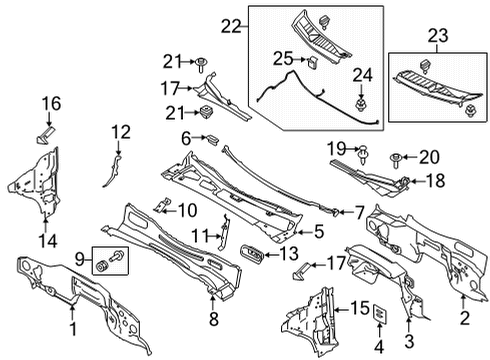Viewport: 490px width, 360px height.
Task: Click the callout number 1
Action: pyautogui.click(x=71, y=326)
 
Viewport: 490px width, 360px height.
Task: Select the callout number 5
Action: pyautogui.click(x=319, y=232)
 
